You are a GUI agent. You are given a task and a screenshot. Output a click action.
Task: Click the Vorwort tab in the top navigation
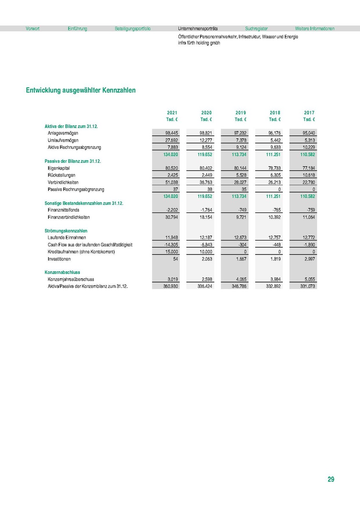[33, 29]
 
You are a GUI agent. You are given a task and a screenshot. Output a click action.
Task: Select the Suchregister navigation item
[256, 29]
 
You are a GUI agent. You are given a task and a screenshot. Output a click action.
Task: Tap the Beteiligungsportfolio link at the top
[132, 29]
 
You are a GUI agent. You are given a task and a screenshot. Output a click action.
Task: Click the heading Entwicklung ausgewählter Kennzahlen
[81, 90]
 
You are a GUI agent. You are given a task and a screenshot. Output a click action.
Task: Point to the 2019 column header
[240, 113]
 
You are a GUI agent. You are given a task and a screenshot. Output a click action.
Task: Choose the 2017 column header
[309, 113]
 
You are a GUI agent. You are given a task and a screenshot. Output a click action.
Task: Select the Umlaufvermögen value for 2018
[274, 140]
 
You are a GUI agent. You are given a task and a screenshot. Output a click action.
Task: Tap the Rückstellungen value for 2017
[309, 175]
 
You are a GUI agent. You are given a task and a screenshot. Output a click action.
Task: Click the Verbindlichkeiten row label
[63, 182]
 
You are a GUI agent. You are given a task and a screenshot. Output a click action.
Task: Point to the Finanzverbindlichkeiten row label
[69, 217]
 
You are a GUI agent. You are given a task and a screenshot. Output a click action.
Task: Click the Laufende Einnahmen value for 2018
[274, 238]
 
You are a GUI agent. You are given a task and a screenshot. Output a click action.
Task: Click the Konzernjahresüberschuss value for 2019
[241, 280]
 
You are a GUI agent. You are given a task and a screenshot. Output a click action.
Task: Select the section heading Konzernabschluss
[62, 272]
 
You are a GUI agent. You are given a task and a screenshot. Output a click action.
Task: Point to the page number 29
[331, 479]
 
